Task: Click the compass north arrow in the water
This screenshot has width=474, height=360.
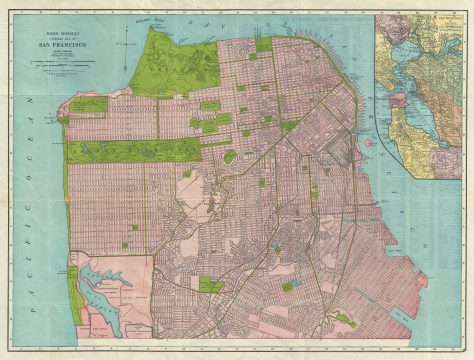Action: pos(128,41)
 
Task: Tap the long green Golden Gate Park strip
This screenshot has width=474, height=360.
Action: pos(130,150)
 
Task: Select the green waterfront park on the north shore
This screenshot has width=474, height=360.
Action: pos(263,44)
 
